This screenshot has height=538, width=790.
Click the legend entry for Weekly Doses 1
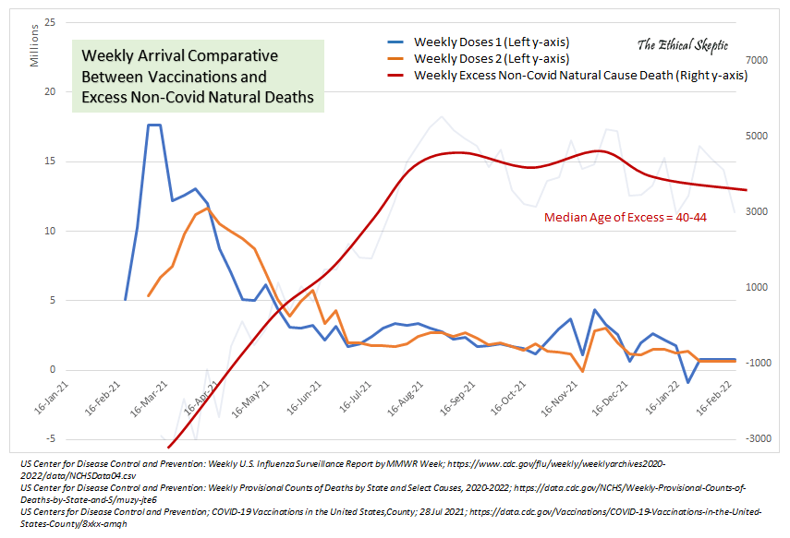[491, 42]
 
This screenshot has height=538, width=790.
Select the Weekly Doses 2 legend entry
[491, 59]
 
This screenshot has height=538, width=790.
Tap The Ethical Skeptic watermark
[683, 44]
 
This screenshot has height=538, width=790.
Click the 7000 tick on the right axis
[757, 60]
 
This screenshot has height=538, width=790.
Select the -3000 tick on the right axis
[755, 438]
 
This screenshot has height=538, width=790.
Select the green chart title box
[198, 77]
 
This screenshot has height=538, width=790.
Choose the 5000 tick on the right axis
[757, 136]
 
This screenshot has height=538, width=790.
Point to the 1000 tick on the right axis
[757, 287]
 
